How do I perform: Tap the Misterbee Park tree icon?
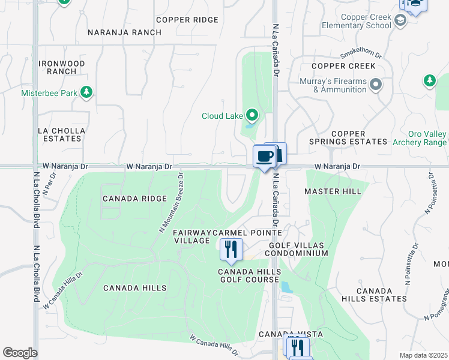[88, 92]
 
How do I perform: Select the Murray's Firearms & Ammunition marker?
[376, 85]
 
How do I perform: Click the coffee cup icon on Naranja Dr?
[265, 157]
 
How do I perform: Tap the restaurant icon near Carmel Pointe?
[231, 249]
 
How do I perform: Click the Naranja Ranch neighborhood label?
[124, 32]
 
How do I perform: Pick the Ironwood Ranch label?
[61, 67]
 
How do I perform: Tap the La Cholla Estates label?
[59, 134]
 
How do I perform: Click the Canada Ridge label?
[133, 199]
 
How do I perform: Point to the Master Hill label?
[333, 191]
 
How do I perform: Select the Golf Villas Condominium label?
[298, 250]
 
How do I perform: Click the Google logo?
[20, 353]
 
